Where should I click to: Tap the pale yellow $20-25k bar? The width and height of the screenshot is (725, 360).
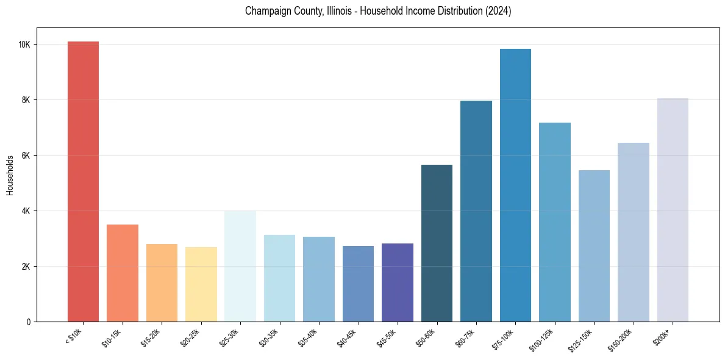[x=201, y=284]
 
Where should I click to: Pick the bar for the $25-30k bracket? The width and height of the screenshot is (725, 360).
[x=240, y=266]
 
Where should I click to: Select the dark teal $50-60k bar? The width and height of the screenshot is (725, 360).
[x=437, y=243]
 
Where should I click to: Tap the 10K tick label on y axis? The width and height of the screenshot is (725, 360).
[x=24, y=45]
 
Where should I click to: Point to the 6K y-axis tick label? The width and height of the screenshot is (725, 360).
[x=26, y=156]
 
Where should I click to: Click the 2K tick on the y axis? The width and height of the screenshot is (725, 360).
[x=26, y=267]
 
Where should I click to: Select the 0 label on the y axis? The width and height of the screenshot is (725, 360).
[x=29, y=322]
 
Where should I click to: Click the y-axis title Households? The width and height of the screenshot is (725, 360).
[x=10, y=175]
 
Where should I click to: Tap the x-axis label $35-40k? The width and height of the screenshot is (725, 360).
[x=309, y=337]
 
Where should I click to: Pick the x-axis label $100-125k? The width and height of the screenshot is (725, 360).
[x=542, y=339]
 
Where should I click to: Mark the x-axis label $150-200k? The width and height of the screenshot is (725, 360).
[x=621, y=339]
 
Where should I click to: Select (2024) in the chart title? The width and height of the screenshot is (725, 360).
[x=498, y=12]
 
